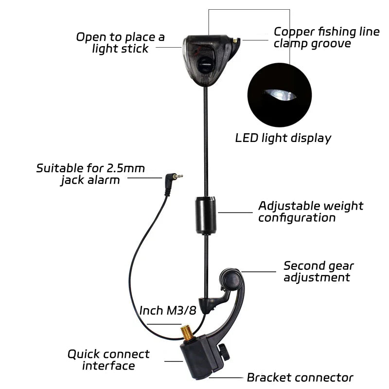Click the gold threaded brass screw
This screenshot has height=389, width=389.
click(x=188, y=334)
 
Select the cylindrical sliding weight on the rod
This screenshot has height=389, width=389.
click(x=206, y=215)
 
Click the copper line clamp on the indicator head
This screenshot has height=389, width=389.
click(x=236, y=40)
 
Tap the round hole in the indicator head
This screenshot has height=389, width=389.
click(x=205, y=65)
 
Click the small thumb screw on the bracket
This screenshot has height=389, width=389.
click(x=224, y=352)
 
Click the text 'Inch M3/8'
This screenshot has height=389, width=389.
click(x=168, y=310)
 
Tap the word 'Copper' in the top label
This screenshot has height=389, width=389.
click(x=294, y=33)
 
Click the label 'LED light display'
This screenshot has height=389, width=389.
click(x=283, y=139)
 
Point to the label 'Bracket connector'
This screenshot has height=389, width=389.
click(x=300, y=378)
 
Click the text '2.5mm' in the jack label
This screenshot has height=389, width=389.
click(x=126, y=168)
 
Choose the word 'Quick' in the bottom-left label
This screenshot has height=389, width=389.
click(x=83, y=354)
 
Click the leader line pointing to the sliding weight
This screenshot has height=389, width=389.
click(x=235, y=212)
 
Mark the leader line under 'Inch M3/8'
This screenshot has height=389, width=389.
click(x=164, y=324)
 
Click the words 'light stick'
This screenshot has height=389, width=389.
click(x=120, y=49)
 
